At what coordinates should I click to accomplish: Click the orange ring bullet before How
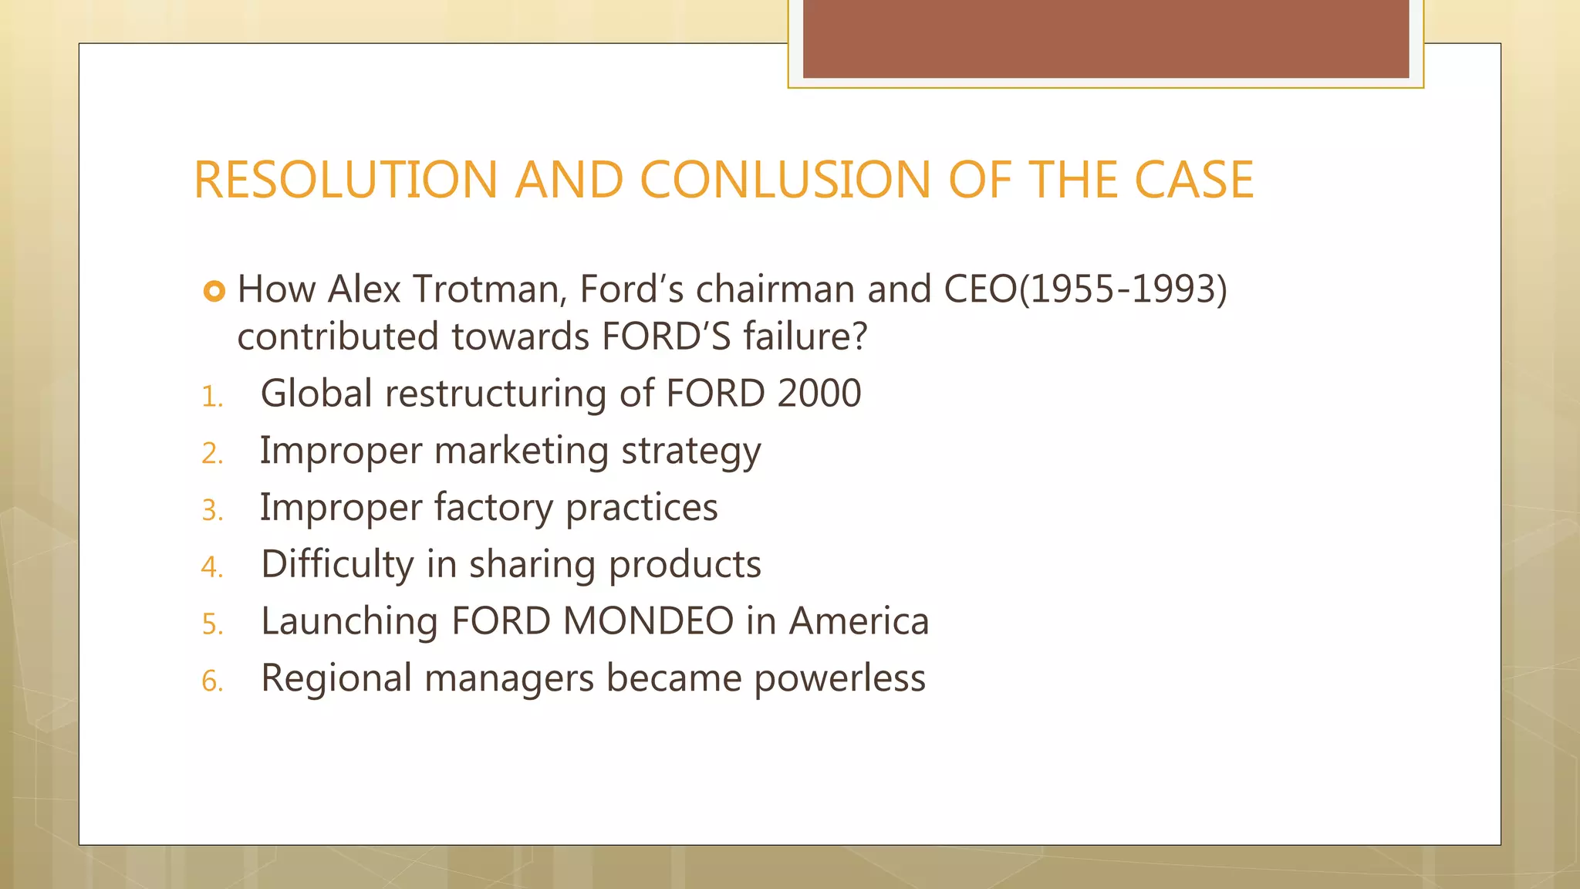[x=214, y=291]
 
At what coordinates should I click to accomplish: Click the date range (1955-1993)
[x=1123, y=289]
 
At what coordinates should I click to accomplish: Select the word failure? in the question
[x=805, y=337]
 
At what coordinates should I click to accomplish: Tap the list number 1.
[x=211, y=397]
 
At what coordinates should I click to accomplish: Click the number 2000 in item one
[x=819, y=394]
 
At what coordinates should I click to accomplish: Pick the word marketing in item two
[x=522, y=451]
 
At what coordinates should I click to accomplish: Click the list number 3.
[x=211, y=511]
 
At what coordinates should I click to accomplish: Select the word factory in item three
[x=493, y=508]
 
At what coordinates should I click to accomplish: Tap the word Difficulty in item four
[x=337, y=565]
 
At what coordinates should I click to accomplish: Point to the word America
[x=859, y=621]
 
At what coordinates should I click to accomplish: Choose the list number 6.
[x=211, y=681]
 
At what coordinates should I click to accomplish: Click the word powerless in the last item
[x=839, y=679]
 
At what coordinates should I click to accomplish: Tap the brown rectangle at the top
[x=1105, y=39]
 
